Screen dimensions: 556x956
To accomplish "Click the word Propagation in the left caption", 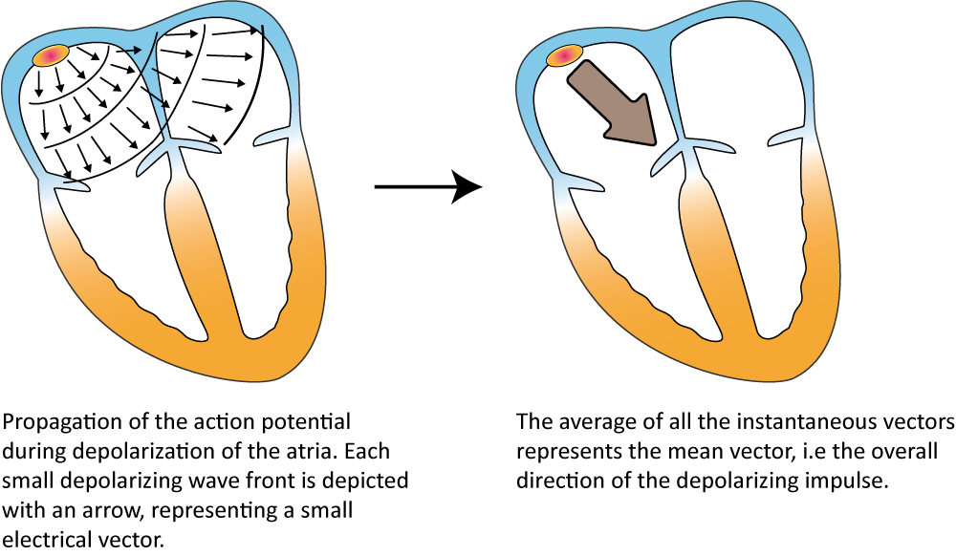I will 54,421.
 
